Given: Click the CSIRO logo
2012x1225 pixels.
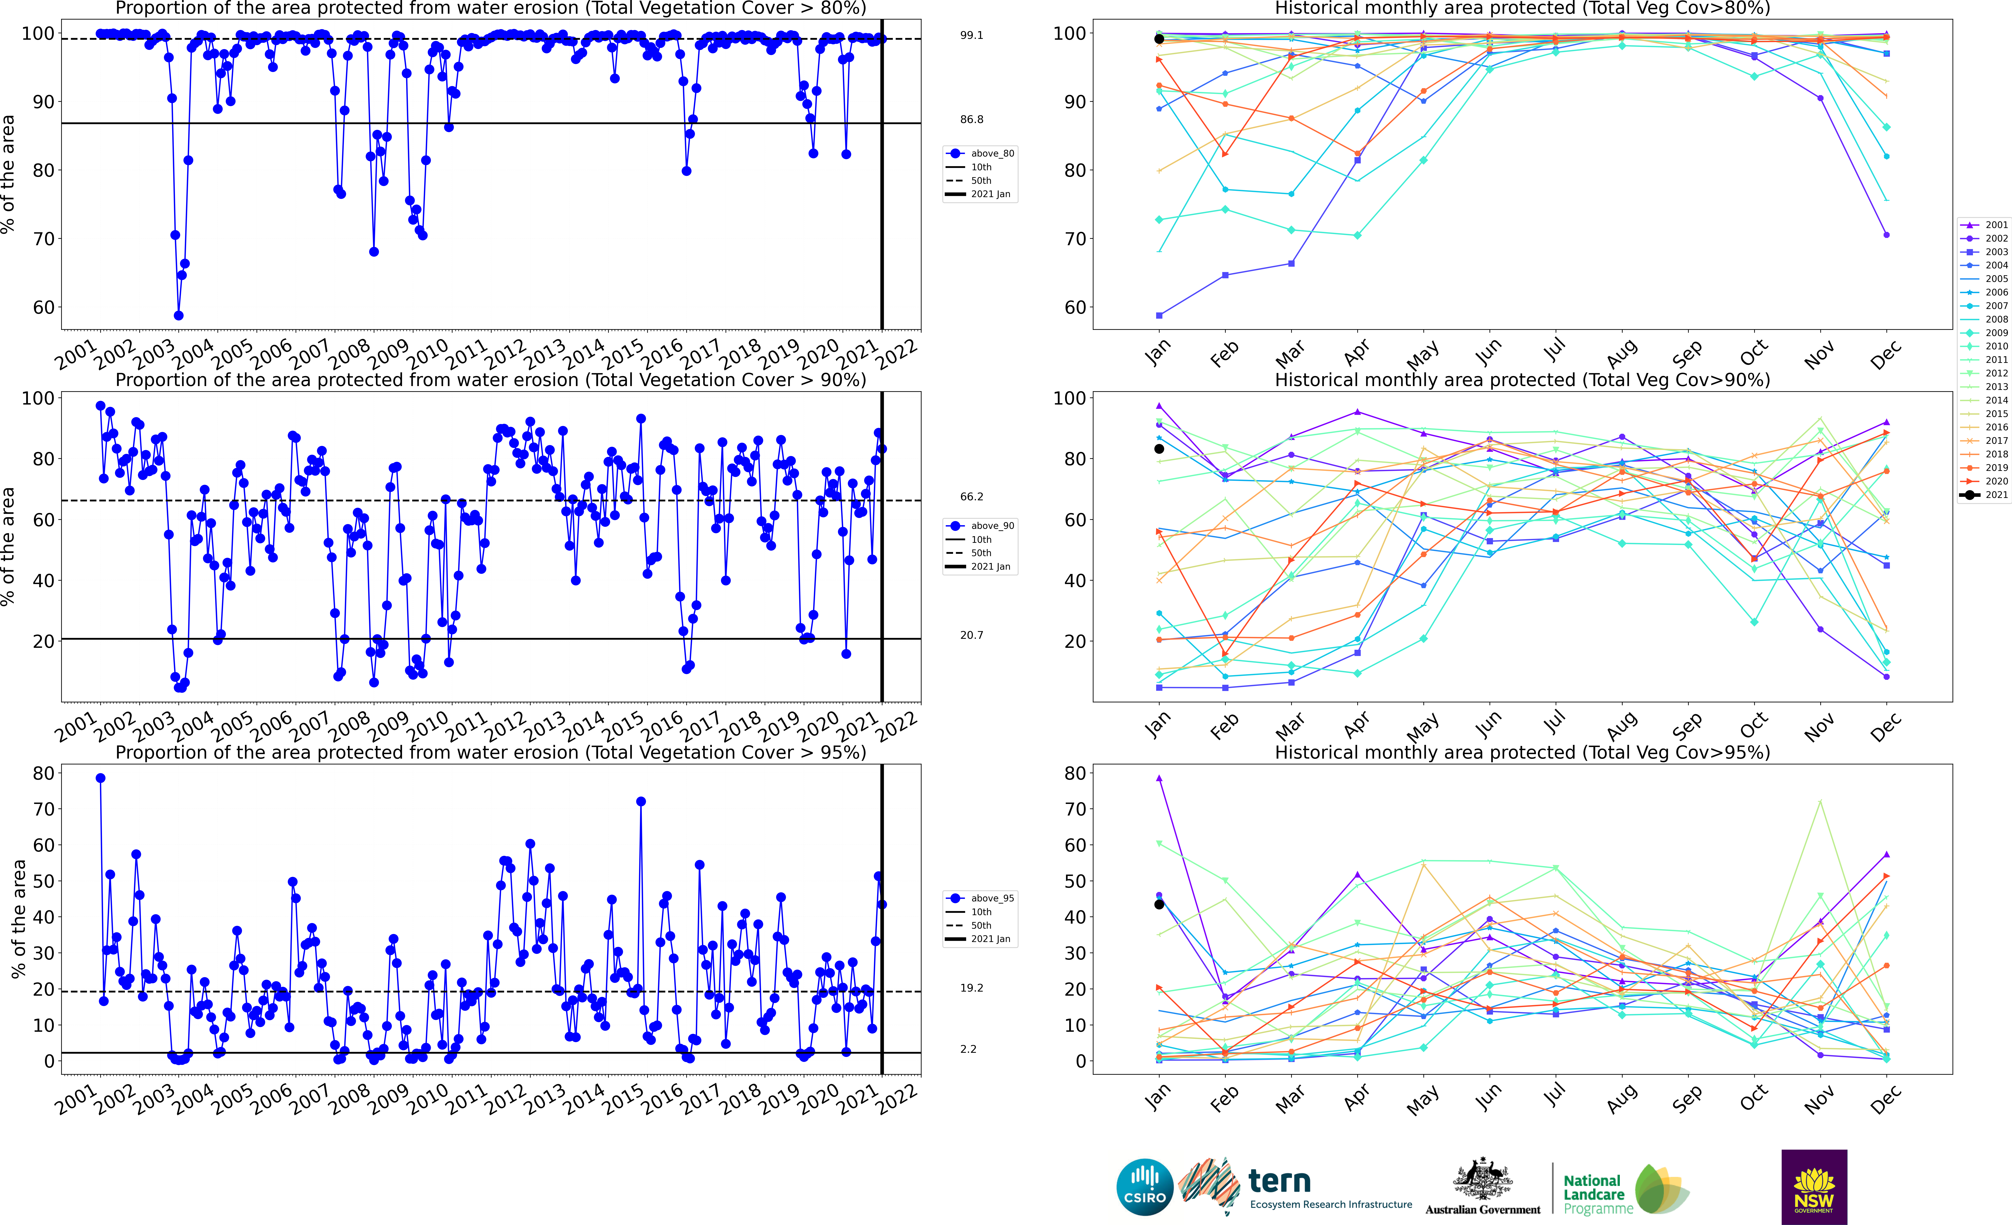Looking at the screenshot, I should click(x=1145, y=1187).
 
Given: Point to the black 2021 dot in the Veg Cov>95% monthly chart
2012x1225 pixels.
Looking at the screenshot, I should click(x=1159, y=904).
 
